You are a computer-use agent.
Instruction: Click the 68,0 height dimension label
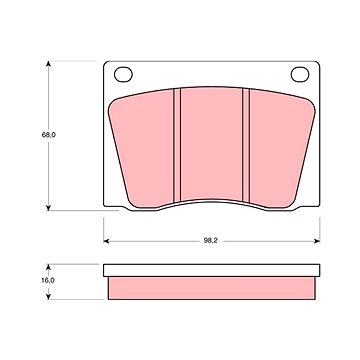click(x=48, y=135)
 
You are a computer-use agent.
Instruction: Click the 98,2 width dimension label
click(x=211, y=241)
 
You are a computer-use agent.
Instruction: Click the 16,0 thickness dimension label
click(x=48, y=280)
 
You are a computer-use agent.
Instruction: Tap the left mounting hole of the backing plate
click(x=123, y=74)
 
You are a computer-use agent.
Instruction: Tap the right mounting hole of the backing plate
click(x=300, y=74)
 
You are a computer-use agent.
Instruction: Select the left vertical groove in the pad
click(x=177, y=145)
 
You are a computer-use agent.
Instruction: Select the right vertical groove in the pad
click(x=246, y=145)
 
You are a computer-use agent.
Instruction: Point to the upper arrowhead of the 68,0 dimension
click(x=49, y=64)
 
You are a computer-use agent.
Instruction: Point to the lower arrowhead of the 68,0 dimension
click(x=49, y=207)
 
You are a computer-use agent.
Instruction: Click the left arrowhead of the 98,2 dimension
click(x=107, y=241)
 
